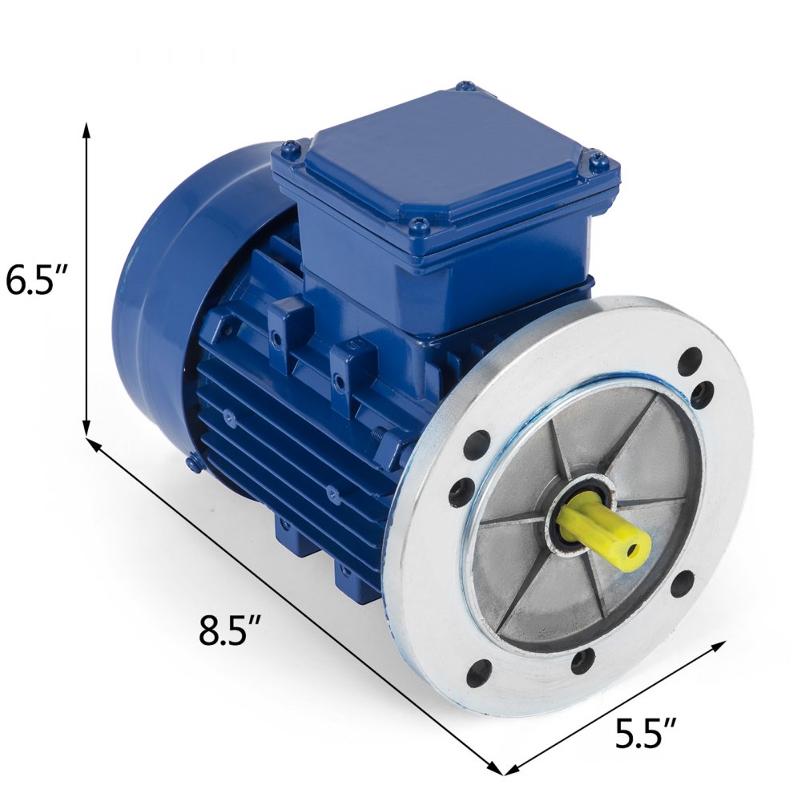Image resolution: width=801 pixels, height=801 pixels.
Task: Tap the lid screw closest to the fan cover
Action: pos(291,147)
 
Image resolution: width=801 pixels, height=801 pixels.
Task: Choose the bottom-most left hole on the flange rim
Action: pos(478,674)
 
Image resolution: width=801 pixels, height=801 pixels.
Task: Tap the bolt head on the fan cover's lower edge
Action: pos(193,462)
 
